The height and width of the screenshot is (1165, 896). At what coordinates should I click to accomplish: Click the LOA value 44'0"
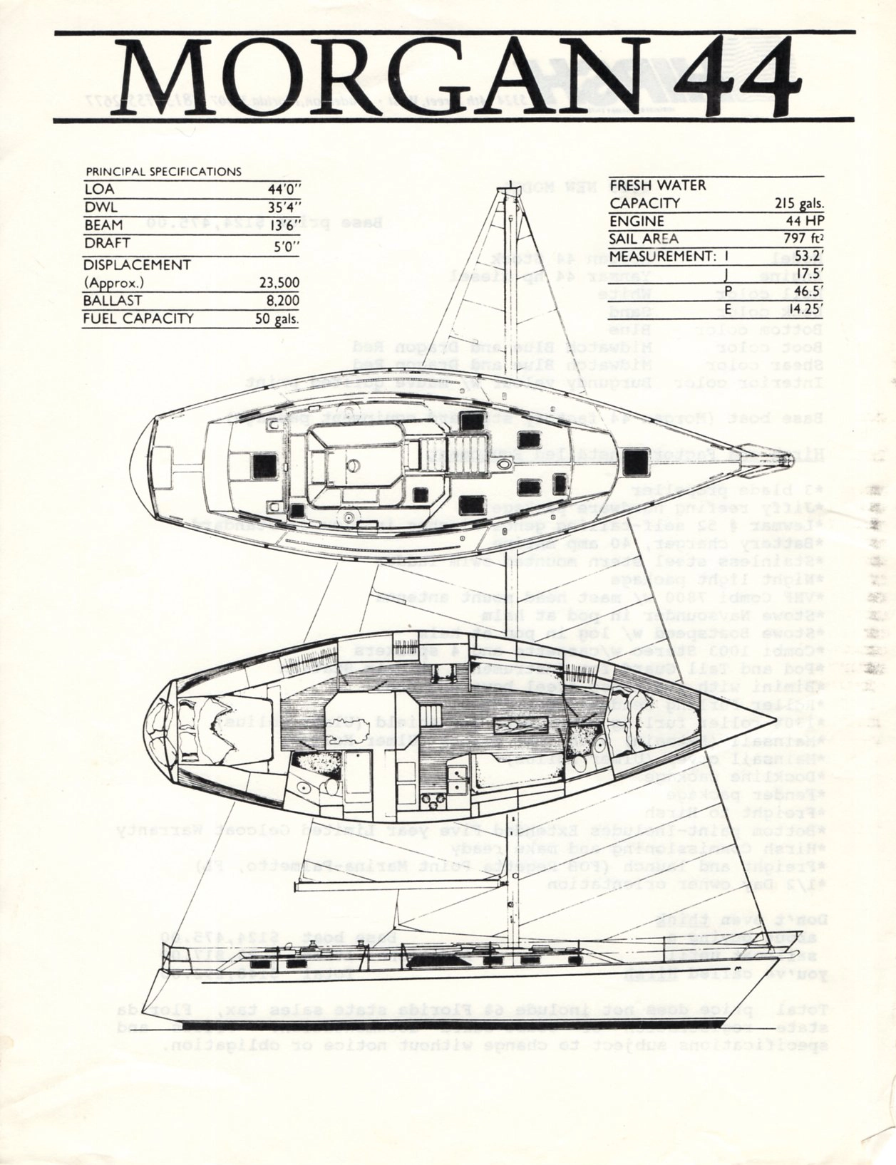(x=284, y=190)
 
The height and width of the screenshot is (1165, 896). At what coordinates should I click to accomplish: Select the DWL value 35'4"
(x=284, y=208)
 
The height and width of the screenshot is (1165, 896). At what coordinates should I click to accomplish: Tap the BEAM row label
(x=103, y=225)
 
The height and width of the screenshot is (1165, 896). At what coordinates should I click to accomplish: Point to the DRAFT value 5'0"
(x=287, y=243)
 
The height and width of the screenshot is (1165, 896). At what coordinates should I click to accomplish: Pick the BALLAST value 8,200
(x=283, y=301)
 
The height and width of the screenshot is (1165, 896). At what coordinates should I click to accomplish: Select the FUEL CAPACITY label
(x=138, y=319)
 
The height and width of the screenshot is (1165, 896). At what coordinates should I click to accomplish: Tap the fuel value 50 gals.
(x=277, y=319)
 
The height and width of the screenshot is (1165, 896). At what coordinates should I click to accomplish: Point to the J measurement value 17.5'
(x=808, y=274)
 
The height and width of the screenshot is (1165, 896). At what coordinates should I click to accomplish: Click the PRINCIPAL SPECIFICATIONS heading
(x=163, y=172)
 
